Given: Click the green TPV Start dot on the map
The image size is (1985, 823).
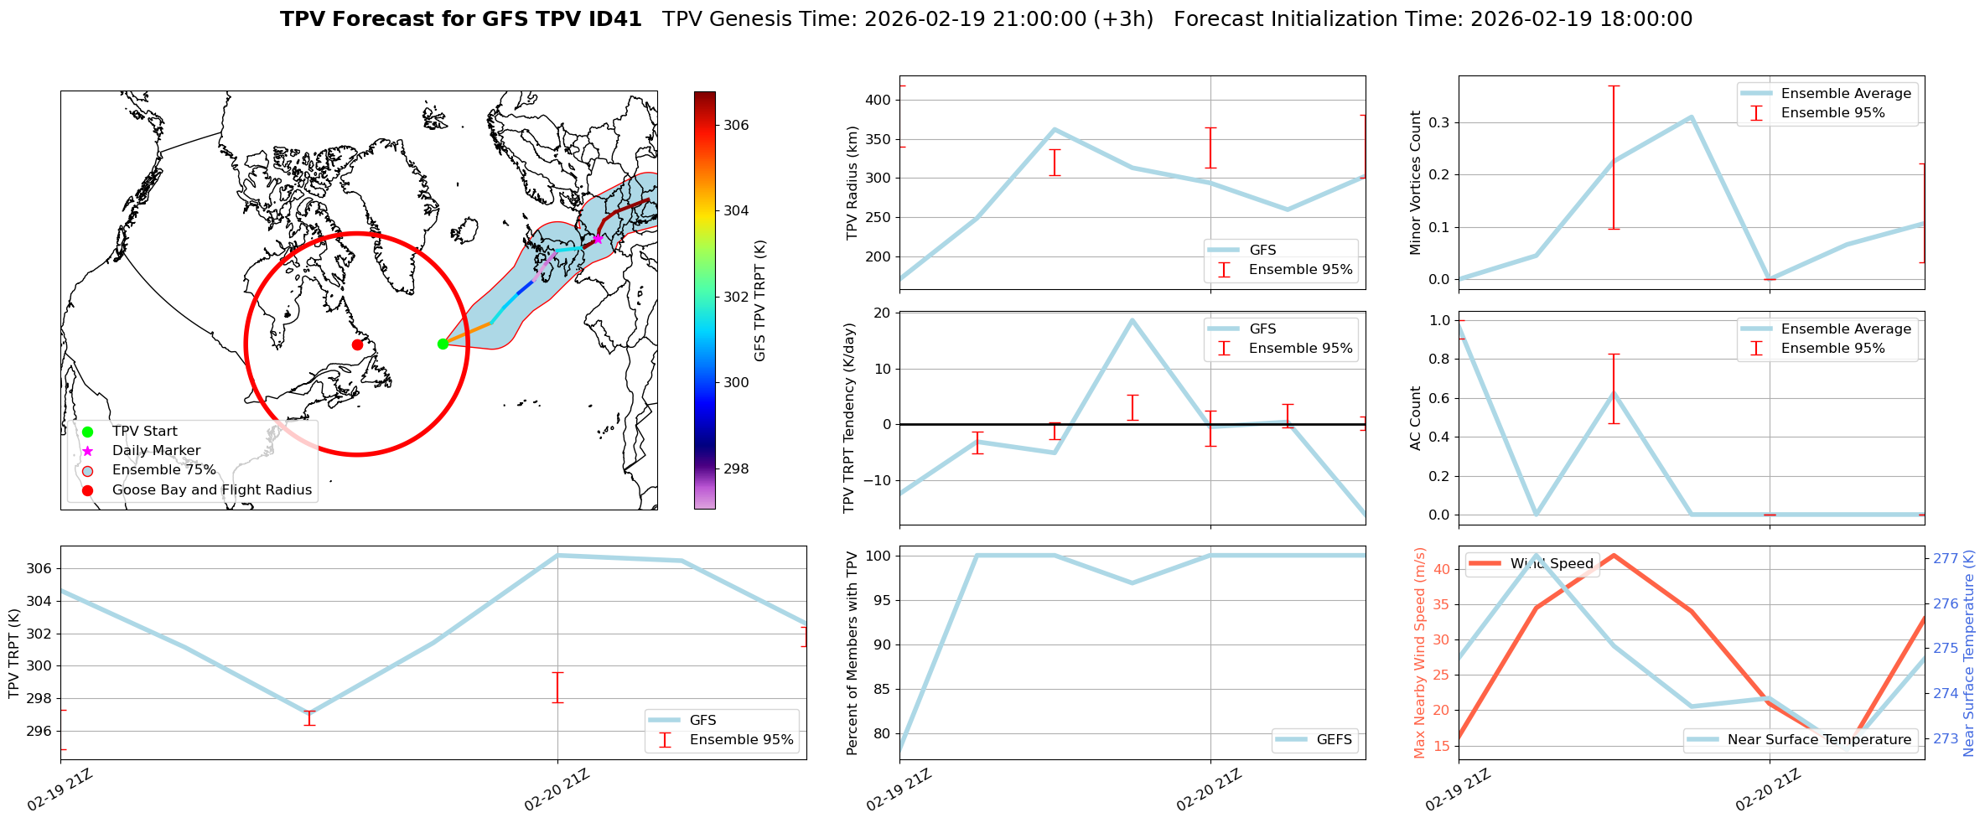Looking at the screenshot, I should point(443,344).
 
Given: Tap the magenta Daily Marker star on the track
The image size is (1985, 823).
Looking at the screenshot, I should point(598,239).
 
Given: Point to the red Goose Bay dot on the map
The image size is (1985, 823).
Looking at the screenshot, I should point(357,344).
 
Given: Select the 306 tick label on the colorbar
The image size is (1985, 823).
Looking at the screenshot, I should point(736,125).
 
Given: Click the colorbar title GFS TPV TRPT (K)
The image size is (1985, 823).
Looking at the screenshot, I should point(760,301).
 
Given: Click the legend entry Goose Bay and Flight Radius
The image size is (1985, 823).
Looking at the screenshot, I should point(211,489).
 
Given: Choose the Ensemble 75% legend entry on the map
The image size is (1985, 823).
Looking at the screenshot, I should point(163,470).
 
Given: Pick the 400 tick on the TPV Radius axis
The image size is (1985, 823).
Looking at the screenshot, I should point(878,100).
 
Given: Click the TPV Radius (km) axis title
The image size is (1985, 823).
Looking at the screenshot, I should point(853,183).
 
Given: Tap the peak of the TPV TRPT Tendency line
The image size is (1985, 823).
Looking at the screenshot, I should point(1132,319).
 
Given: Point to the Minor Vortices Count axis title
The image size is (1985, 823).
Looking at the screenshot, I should point(1416,183).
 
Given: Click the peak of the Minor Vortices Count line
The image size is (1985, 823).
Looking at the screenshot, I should point(1691,116).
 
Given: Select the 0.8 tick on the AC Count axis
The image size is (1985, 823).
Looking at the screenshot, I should point(1439,359).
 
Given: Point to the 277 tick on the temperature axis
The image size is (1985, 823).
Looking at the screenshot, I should point(1946,558).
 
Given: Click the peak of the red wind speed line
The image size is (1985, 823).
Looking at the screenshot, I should point(1614,555).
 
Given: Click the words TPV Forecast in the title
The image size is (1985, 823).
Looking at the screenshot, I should point(360,19).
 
